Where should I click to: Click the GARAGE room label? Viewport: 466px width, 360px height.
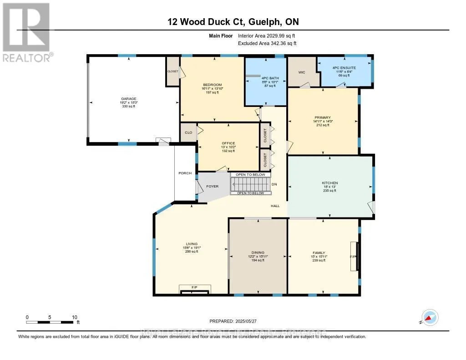128,99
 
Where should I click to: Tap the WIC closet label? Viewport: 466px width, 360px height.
301,72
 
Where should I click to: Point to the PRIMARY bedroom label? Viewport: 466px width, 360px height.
322,117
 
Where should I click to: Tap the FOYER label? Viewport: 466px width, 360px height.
212,186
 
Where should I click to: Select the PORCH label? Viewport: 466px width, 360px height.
185,173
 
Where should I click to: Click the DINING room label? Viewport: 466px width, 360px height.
258,253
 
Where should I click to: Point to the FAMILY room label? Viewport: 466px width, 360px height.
319,253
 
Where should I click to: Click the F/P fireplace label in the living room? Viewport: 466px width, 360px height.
194,287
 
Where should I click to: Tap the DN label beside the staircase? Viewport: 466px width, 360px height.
274,185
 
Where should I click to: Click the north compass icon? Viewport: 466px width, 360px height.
429,317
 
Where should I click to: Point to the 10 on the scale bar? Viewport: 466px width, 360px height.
75,317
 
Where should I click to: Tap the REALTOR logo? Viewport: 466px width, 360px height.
27,32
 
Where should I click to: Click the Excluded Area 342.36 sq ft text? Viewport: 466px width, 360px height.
267,43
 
